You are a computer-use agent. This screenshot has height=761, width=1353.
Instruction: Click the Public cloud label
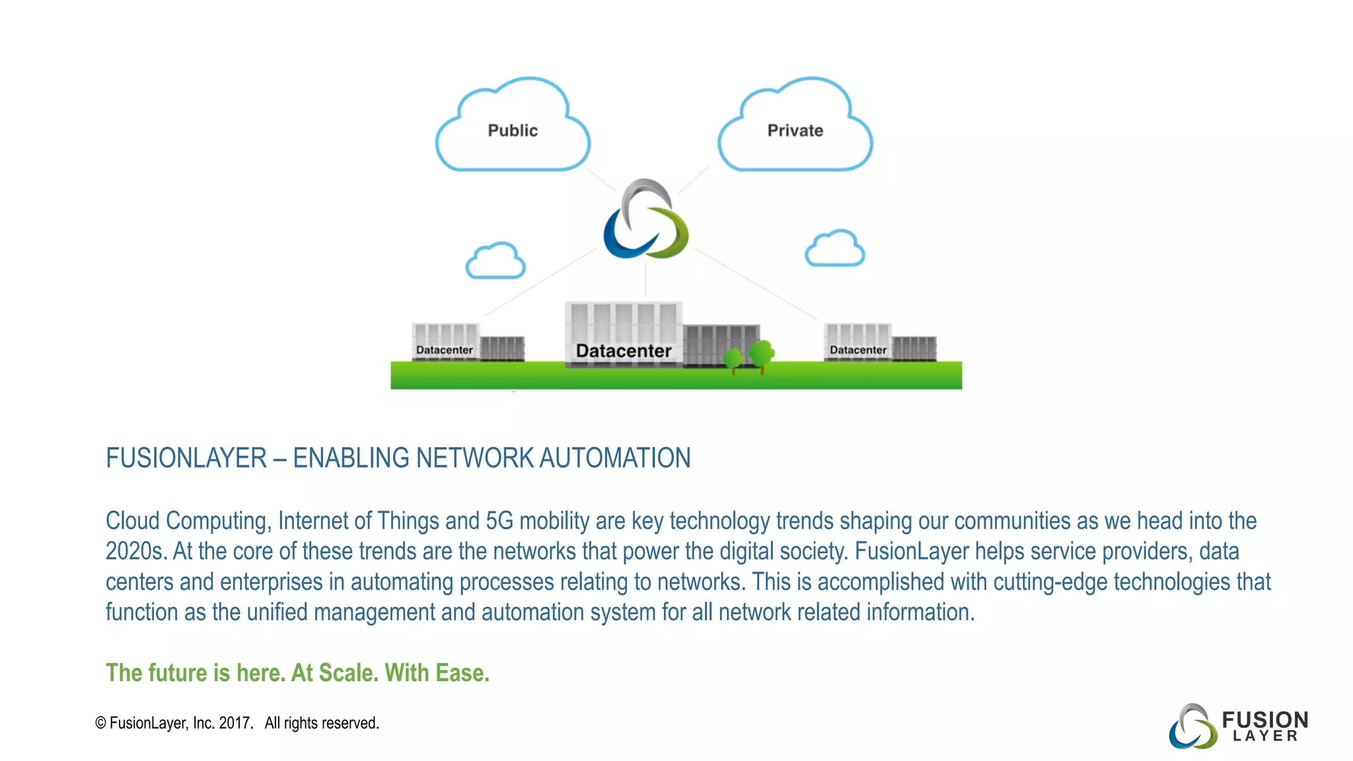513,131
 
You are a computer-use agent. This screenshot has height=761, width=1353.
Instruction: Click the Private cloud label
795,131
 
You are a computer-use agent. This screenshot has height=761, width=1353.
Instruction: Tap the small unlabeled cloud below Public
495,261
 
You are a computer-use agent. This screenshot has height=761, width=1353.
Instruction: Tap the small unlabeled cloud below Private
834,249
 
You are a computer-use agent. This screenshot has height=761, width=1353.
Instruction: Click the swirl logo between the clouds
645,219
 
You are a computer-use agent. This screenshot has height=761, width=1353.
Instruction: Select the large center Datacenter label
623,351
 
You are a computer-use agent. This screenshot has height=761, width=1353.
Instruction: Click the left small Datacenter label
444,350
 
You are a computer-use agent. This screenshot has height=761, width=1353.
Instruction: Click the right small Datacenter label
858,350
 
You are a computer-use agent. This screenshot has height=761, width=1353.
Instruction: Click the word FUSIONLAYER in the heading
186,458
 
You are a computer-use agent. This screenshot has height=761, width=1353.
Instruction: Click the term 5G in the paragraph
499,521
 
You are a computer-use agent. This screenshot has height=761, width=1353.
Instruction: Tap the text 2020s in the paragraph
135,552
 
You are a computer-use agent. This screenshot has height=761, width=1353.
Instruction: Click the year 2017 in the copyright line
235,723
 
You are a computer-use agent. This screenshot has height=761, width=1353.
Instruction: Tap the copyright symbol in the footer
100,723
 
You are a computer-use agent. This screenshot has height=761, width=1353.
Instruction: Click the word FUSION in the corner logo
1264,719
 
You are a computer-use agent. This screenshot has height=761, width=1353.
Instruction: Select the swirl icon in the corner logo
1192,727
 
